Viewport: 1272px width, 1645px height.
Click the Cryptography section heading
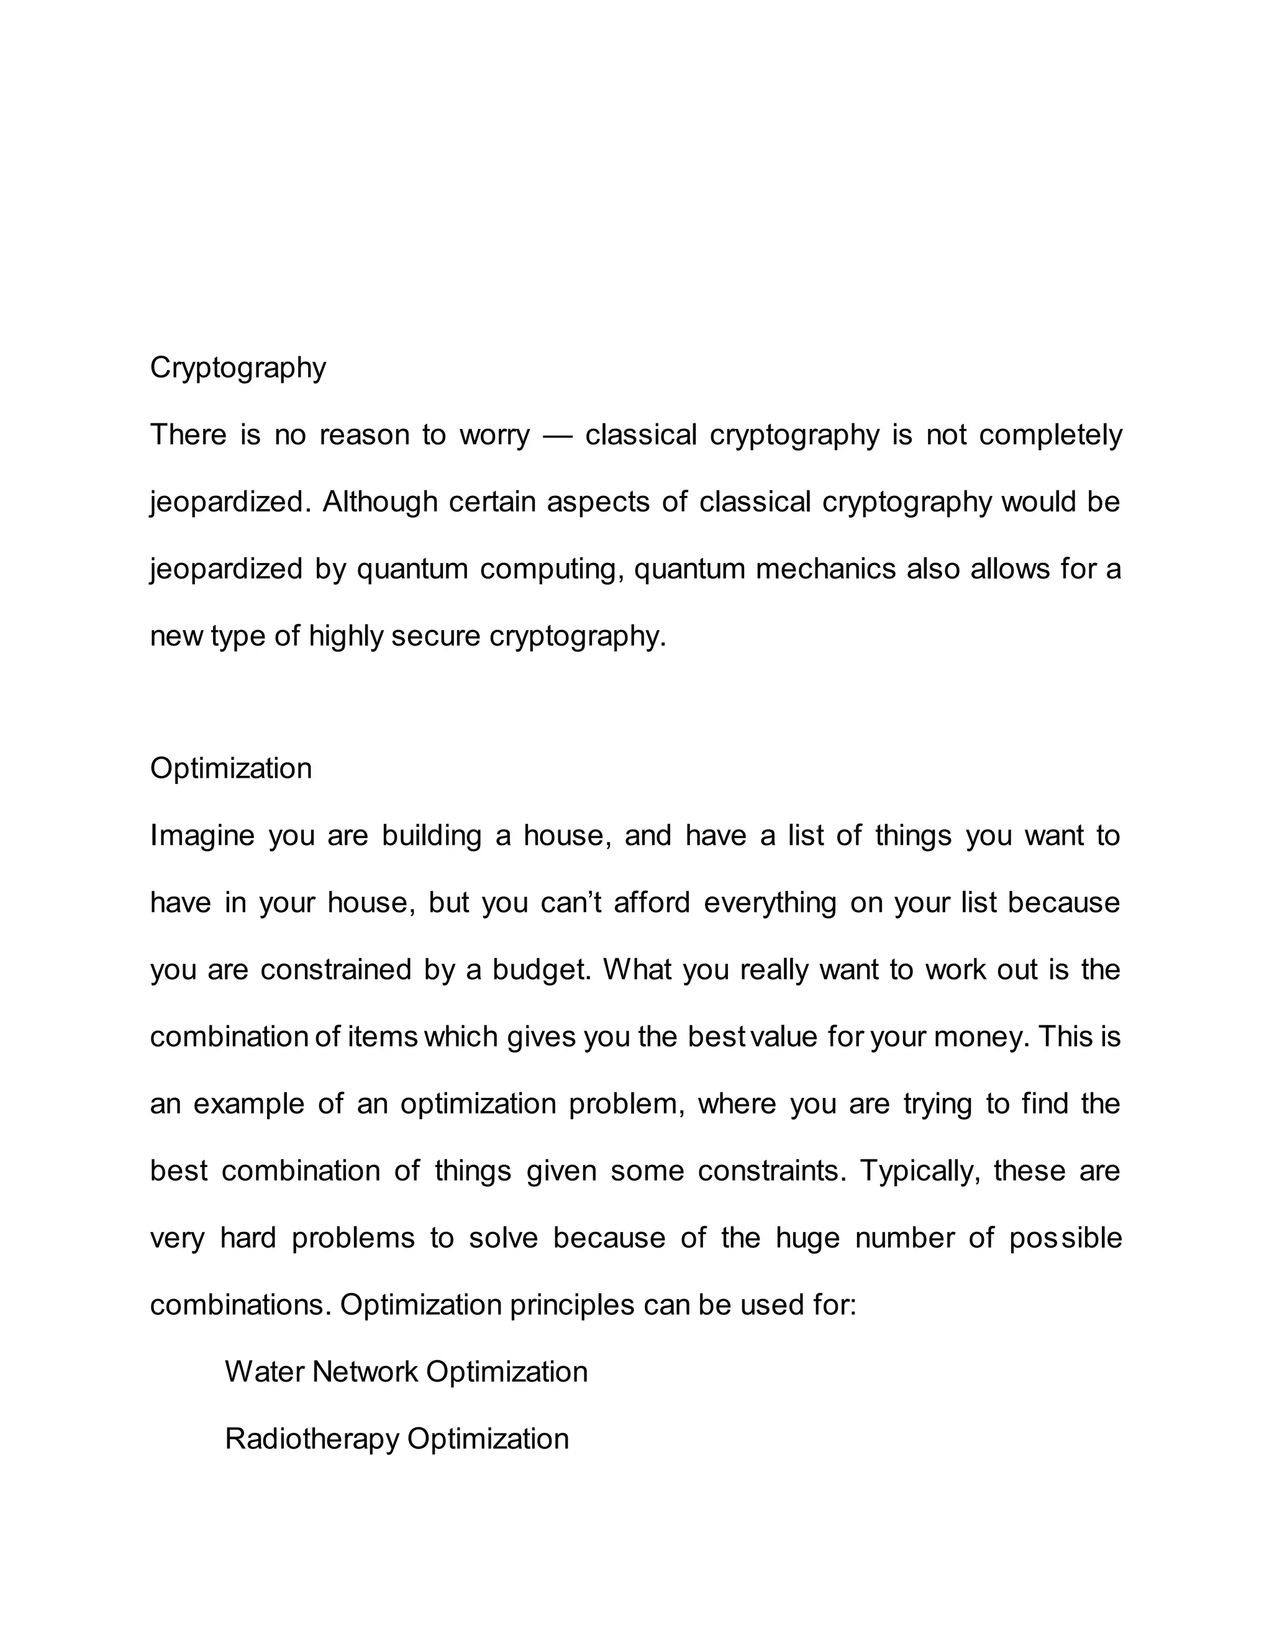[x=237, y=368]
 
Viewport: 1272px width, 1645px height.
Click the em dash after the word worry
[x=558, y=435]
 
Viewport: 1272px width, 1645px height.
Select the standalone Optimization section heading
[x=230, y=768]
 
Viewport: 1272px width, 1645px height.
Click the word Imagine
[x=202, y=837]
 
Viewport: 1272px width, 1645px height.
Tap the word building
[x=431, y=837]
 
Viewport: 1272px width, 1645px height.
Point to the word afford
[x=652, y=903]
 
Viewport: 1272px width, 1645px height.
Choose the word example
[x=248, y=1105]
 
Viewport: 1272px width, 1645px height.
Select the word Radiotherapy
[x=312, y=1439]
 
